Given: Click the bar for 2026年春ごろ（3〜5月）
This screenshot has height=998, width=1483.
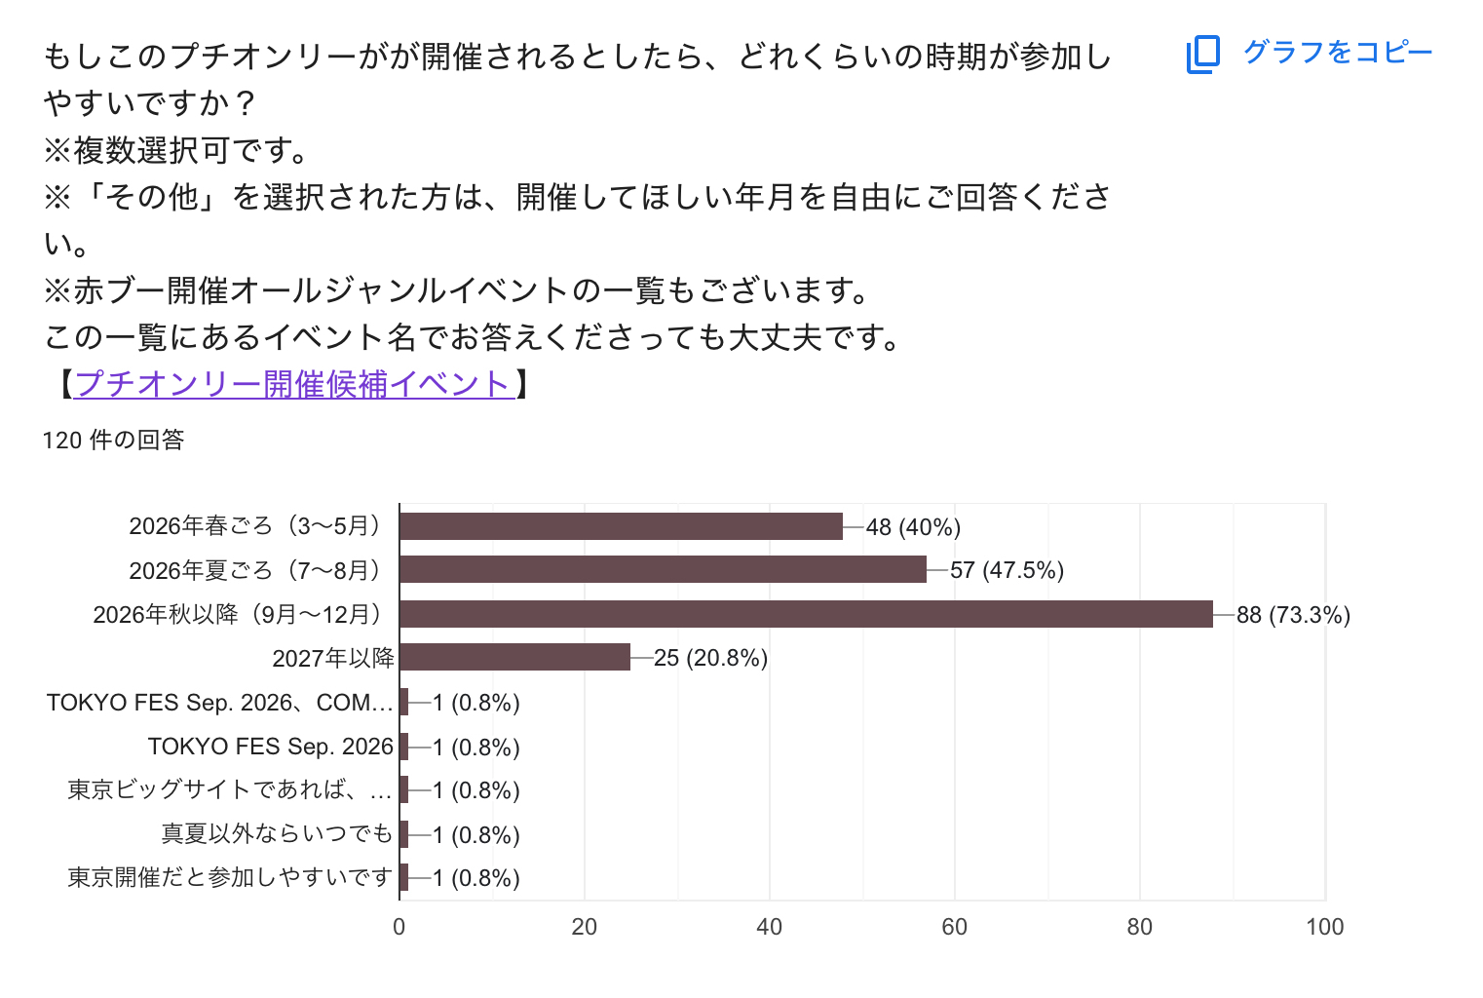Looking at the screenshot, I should pyautogui.click(x=621, y=526).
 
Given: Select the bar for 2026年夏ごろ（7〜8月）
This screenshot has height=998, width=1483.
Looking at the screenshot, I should pyautogui.click(x=663, y=569).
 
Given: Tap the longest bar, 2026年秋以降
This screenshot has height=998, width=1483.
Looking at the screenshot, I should pyautogui.click(x=806, y=614).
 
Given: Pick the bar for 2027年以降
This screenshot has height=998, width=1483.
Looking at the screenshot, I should pyautogui.click(x=514, y=658).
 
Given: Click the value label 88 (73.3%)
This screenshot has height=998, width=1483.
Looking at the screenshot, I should pyautogui.click(x=1293, y=615).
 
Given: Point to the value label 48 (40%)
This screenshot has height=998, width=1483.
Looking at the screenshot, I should pyautogui.click(x=913, y=527).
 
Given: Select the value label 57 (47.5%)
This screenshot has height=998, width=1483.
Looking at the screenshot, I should pyautogui.click(x=1007, y=570).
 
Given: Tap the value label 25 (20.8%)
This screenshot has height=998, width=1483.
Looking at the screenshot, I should pyautogui.click(x=710, y=658).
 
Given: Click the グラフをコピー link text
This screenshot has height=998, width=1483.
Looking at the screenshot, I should pyautogui.click(x=1338, y=52).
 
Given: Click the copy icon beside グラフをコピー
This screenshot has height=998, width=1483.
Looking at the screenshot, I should pyautogui.click(x=1203, y=54).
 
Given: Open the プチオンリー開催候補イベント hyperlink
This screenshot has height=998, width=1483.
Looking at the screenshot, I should pyautogui.click(x=293, y=384).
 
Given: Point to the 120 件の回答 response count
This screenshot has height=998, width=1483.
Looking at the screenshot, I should pyautogui.click(x=114, y=441).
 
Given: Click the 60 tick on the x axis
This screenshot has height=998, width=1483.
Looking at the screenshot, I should pyautogui.click(x=954, y=927).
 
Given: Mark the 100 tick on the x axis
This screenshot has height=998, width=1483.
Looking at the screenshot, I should pyautogui.click(x=1324, y=927).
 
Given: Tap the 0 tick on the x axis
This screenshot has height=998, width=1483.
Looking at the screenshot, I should pyautogui.click(x=399, y=927).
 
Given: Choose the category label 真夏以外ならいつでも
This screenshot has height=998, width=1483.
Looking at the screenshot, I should pyautogui.click(x=277, y=834).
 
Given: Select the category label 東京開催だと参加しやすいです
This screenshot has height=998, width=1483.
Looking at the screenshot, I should pyautogui.click(x=230, y=877).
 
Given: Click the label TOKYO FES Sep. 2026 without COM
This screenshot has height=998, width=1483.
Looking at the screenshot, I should pyautogui.click(x=270, y=747).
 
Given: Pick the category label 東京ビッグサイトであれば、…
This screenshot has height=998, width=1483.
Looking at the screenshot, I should pyautogui.click(x=230, y=789).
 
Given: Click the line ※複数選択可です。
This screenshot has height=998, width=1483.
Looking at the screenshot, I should pyautogui.click(x=177, y=150).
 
